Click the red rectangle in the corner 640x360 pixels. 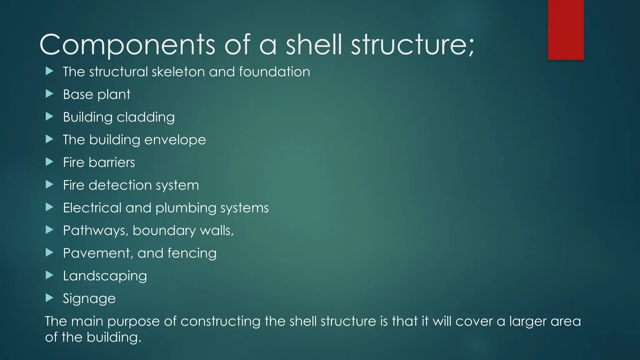point(566,30)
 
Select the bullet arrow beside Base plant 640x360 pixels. point(49,94)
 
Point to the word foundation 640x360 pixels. point(274,72)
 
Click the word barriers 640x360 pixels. point(112,162)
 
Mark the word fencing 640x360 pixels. point(192,253)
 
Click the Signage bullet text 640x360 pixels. point(89,299)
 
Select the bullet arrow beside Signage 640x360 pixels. point(49,298)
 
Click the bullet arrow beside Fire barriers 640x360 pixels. point(49,162)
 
